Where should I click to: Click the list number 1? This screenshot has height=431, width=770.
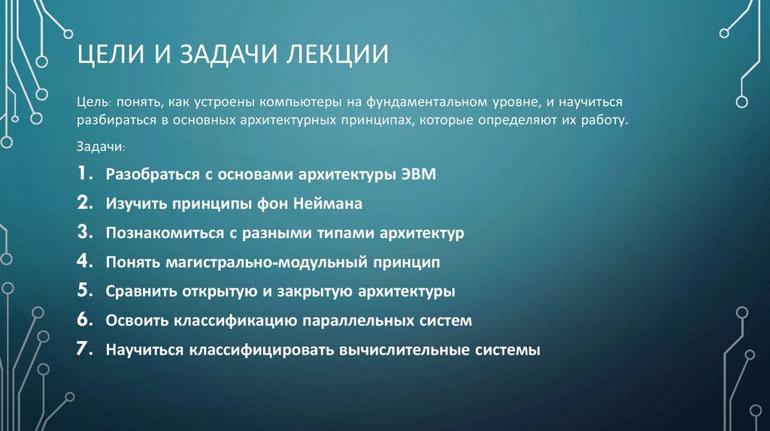[x=83, y=174]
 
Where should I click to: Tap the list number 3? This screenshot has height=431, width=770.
[x=84, y=233]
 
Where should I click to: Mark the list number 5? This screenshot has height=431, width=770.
[x=84, y=291]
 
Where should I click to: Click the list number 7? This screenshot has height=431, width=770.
[x=84, y=349]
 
